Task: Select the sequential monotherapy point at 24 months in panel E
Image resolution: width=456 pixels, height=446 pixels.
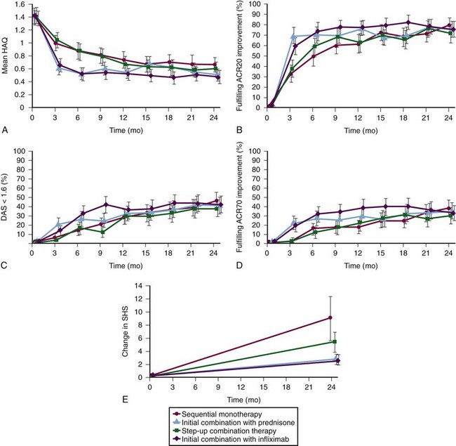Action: pos(329,317)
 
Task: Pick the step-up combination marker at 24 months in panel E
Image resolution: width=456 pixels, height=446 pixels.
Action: pos(335,342)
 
